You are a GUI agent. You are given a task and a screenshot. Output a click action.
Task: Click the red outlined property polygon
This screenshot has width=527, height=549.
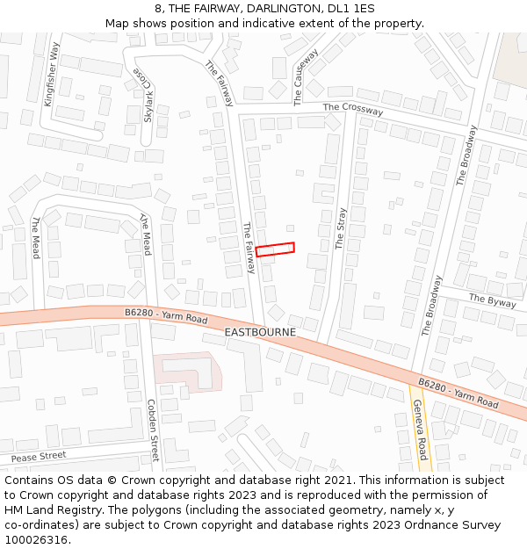point(275,249)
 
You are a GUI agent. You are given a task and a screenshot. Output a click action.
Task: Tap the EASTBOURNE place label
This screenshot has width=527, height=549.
point(260,333)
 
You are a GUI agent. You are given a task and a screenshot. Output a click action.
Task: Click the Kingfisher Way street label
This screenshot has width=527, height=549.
point(53,75)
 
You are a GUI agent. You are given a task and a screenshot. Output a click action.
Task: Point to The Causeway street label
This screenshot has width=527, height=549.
point(305,77)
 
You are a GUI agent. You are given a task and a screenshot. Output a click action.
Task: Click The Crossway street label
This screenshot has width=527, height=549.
point(353,110)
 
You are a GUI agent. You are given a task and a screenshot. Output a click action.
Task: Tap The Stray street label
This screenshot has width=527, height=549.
point(341,228)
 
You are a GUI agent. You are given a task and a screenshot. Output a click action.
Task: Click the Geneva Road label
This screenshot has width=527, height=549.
point(420,430)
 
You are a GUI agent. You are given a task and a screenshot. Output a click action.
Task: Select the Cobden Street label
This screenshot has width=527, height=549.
point(152,430)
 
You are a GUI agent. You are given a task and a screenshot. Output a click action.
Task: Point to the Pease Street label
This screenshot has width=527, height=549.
point(39,457)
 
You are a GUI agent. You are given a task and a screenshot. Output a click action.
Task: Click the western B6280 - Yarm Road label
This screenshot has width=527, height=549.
point(166,314)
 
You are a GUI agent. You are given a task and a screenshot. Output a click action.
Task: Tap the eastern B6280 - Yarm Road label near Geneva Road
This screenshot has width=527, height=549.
point(458,394)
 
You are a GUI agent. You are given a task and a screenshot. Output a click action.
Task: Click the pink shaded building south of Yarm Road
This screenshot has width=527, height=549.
point(185,371)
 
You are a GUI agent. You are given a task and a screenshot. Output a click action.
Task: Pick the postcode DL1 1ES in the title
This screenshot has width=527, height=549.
point(351,9)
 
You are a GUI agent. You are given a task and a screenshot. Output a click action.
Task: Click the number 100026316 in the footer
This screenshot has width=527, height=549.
point(38,539)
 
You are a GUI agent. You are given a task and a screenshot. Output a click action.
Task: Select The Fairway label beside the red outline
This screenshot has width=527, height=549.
point(249,248)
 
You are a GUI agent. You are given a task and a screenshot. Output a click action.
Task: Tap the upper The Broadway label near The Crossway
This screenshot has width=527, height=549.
point(466,155)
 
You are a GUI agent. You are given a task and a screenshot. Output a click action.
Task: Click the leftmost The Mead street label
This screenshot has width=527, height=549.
point(36,237)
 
